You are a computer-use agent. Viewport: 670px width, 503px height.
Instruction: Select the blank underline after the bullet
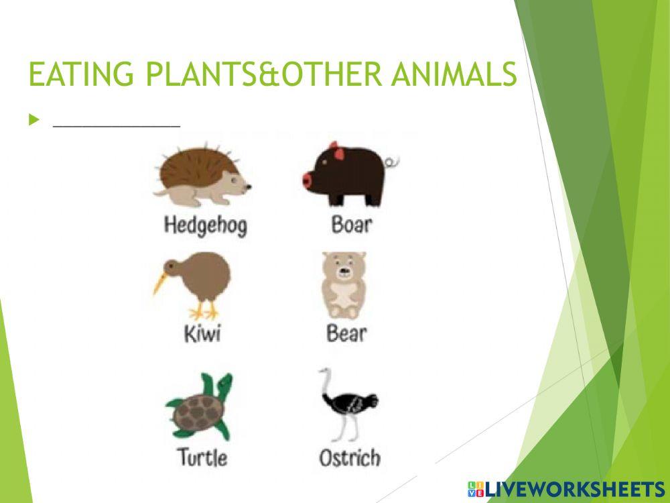(116, 124)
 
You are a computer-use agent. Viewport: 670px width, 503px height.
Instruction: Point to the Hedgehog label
(205, 225)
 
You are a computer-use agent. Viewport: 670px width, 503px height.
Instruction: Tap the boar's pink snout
(308, 180)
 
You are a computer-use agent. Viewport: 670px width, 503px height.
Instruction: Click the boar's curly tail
(393, 162)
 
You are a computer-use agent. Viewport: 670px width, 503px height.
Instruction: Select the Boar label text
(351, 224)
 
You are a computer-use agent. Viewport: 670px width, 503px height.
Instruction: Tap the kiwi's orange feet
(204, 312)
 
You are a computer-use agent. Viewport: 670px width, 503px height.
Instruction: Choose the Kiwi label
(202, 333)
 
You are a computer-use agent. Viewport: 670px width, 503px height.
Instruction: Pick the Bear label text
(346, 333)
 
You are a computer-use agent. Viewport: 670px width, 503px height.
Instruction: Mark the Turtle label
(202, 458)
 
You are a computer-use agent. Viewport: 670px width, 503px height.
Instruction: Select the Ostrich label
(349, 459)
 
